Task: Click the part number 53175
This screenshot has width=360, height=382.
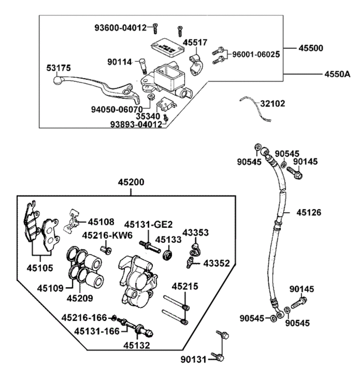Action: point(59,68)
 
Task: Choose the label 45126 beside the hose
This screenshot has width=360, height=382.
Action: point(309,212)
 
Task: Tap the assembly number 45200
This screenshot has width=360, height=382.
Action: point(131,182)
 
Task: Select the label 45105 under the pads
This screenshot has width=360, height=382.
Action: point(40,268)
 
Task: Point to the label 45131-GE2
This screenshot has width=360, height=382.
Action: point(149,224)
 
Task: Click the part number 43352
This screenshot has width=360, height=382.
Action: point(216,263)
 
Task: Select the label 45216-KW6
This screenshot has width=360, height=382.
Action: point(107,235)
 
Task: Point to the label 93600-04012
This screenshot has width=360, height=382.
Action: point(121,27)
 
